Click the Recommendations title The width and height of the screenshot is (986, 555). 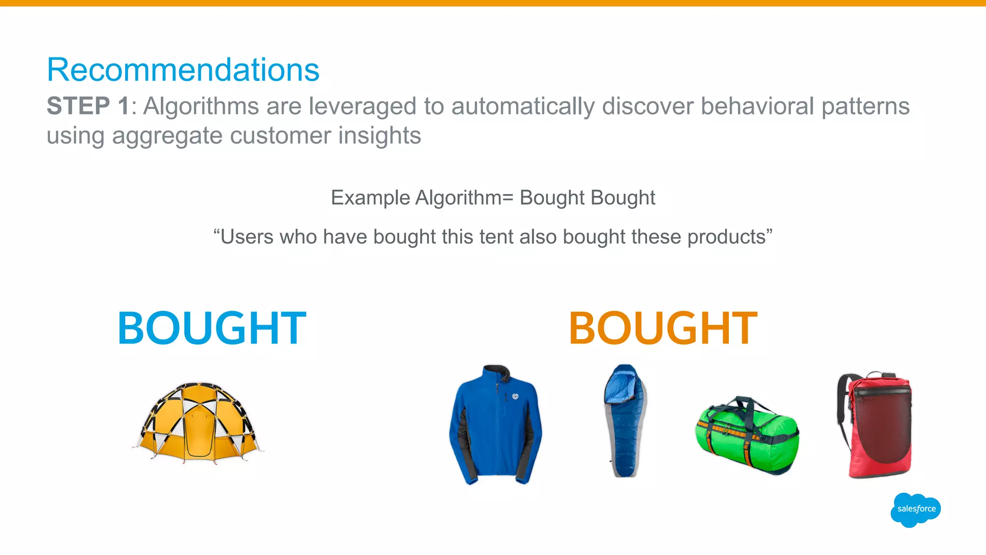(x=183, y=70)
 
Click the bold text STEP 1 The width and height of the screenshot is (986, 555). (x=88, y=106)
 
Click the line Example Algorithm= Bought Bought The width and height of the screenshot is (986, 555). (x=493, y=198)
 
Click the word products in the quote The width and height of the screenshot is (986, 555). (x=727, y=237)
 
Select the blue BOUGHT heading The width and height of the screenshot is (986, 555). (x=212, y=329)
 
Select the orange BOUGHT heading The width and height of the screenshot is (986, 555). (x=663, y=329)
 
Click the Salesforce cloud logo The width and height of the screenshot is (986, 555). (x=916, y=509)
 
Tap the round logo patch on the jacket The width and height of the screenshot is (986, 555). (x=515, y=396)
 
